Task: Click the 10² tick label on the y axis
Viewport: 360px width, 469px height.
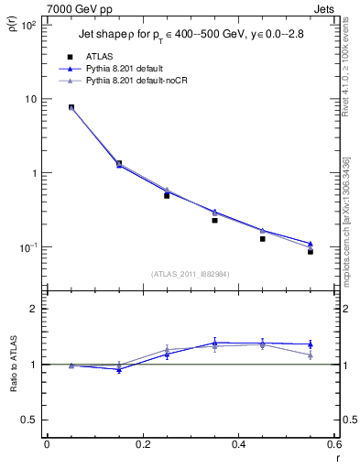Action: coord(28,26)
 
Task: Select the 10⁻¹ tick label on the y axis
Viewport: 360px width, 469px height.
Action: coord(28,248)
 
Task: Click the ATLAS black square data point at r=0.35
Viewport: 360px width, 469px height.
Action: coord(214,220)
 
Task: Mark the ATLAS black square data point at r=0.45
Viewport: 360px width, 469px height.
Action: coord(263,238)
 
